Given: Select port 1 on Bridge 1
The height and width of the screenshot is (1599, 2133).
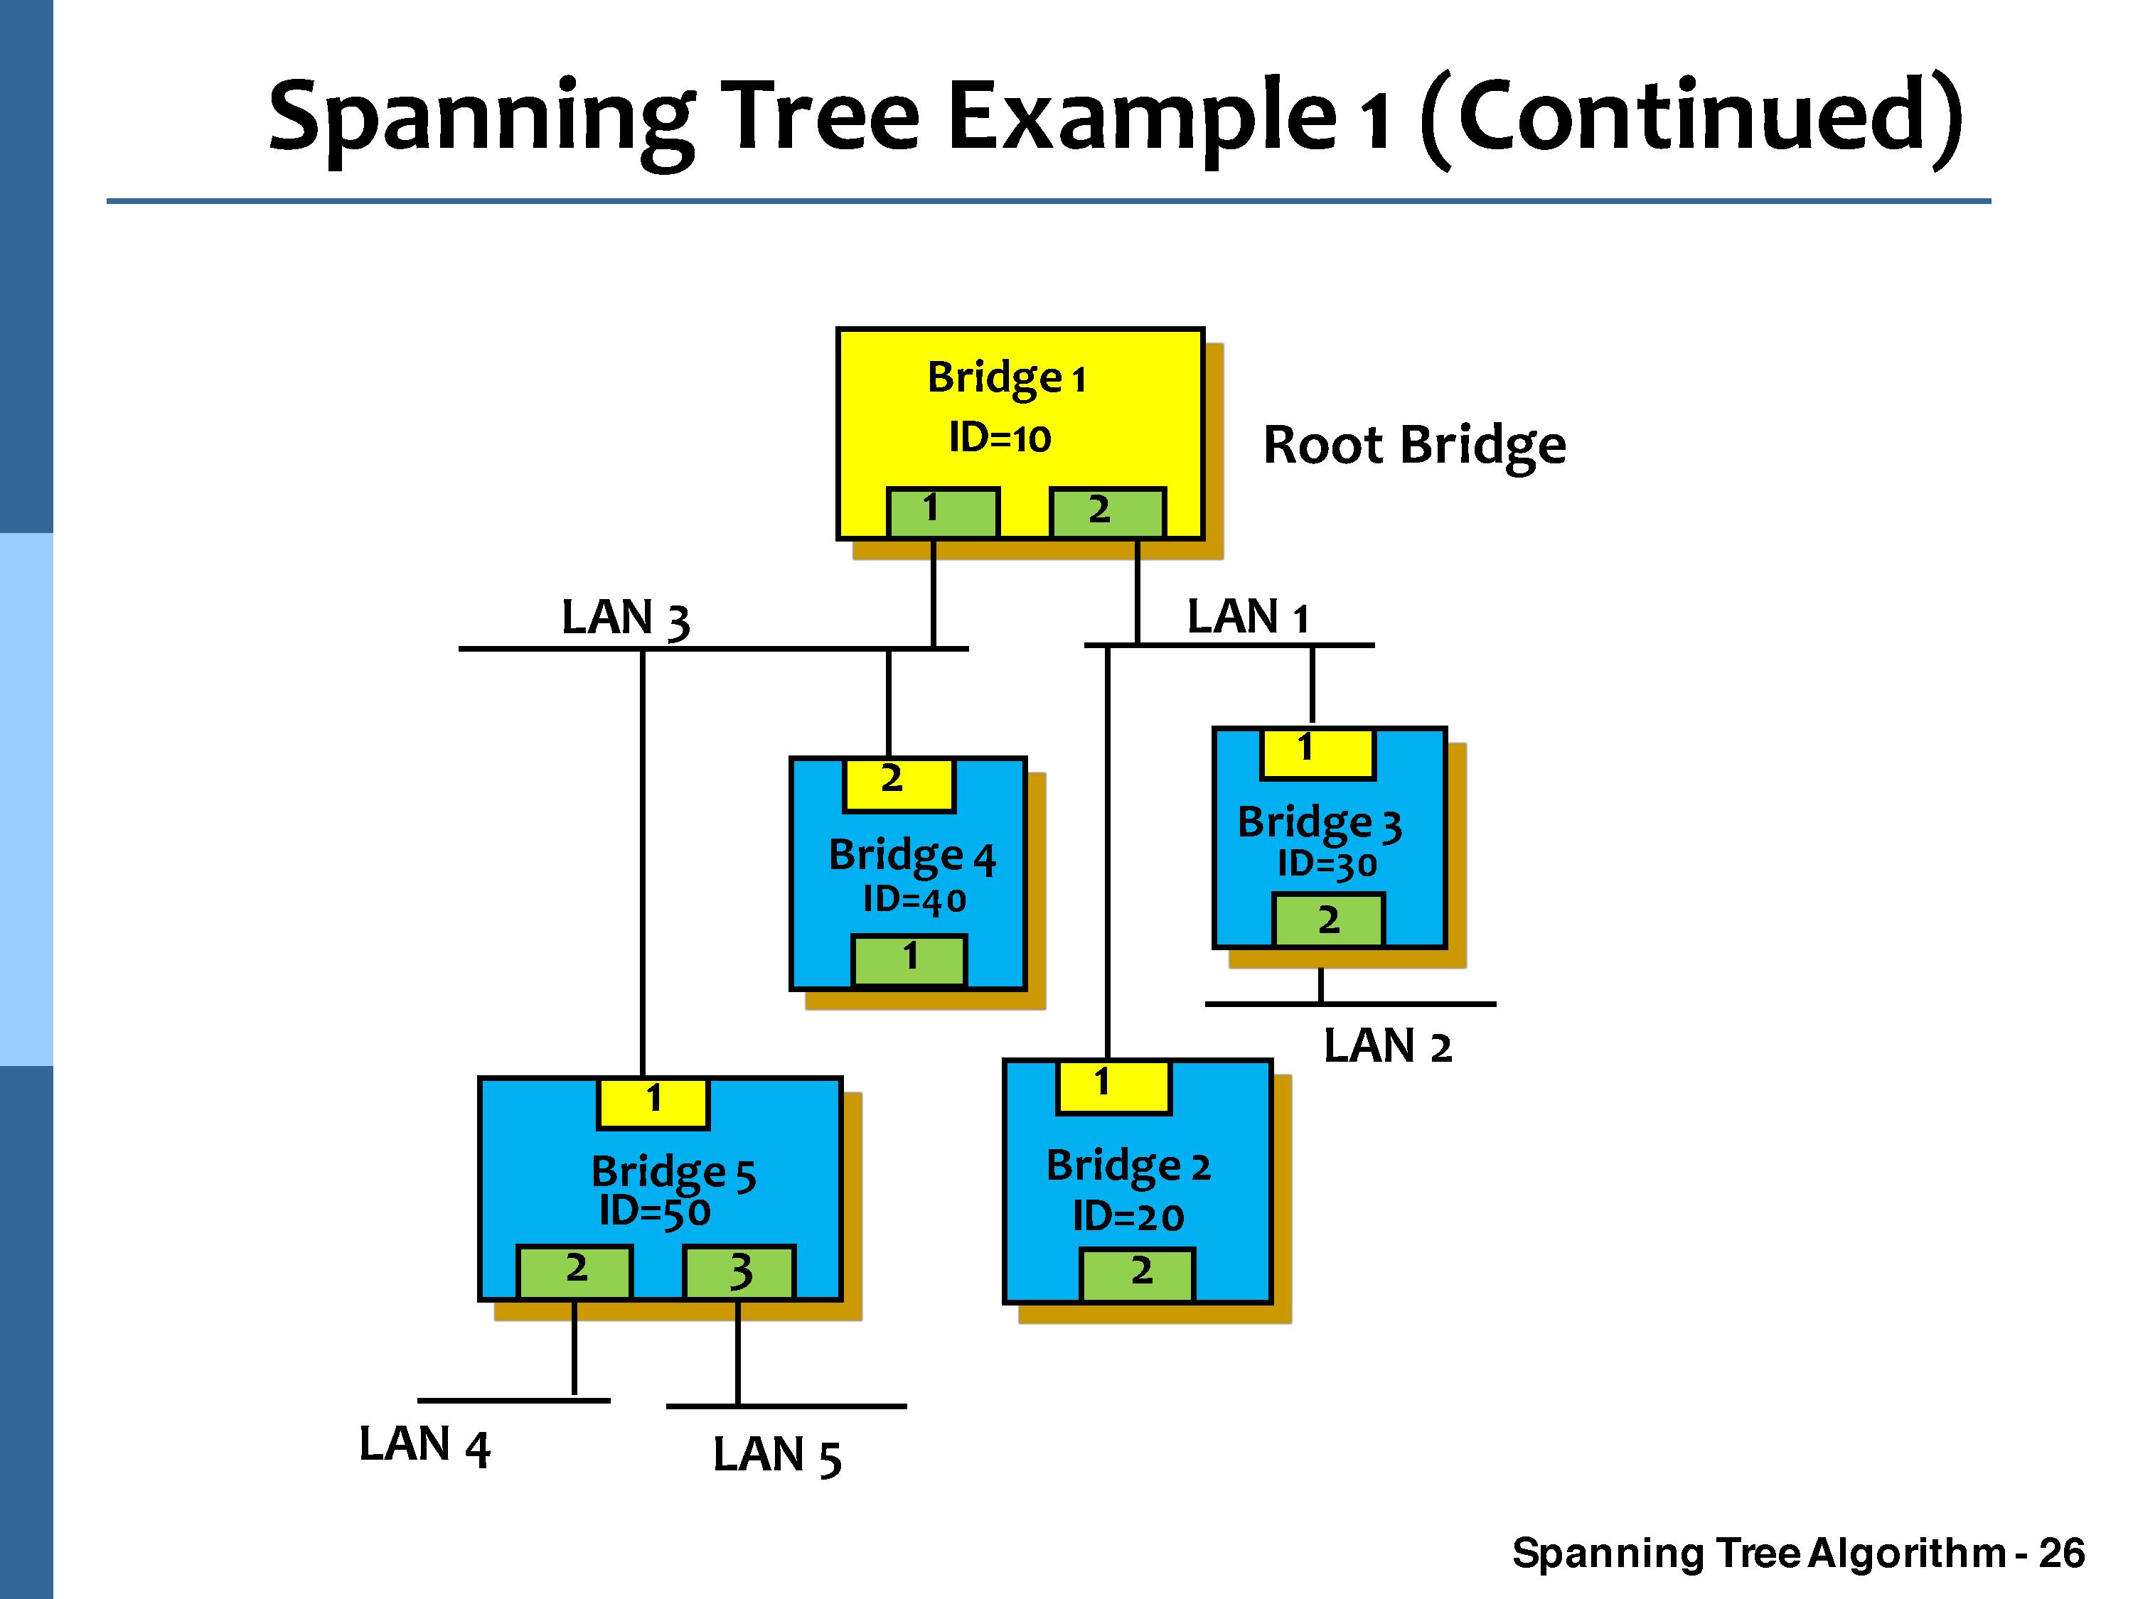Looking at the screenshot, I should coord(942,512).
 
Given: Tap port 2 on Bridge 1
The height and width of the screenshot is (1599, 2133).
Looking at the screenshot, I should coord(1107,512).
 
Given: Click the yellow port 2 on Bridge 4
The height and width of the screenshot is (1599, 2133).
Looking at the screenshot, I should coord(899,785).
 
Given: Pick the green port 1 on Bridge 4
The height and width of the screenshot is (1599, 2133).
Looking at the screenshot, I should coord(909,960).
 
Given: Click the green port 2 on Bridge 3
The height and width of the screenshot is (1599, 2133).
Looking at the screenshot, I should coord(1329,920).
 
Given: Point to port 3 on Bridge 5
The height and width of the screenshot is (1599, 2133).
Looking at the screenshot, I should coord(739,1272).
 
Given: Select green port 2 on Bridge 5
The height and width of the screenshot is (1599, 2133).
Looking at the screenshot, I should coord(574,1272).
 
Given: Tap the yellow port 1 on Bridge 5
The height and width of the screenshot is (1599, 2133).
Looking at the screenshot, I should coord(653,1103).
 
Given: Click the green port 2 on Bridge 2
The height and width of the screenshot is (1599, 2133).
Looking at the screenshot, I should coord(1138,1274).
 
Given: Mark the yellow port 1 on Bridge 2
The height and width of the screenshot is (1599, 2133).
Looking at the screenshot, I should coord(1113,1087).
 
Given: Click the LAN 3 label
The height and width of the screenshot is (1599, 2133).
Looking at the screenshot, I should coord(625,618).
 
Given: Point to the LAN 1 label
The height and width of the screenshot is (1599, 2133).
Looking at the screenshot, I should coord(1247,617).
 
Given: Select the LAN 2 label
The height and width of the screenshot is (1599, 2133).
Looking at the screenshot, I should coord(1386,1047).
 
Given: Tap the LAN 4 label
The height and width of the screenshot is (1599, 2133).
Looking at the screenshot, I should coord(424,1445).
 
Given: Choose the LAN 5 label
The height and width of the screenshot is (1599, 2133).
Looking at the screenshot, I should coord(776,1455).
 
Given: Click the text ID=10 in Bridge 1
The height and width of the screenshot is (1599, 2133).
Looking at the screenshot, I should coord(999,438).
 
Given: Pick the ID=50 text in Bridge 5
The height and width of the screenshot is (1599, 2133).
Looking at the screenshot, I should coord(655,1212).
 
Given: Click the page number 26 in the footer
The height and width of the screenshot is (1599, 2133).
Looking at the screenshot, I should coord(2062,1553).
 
